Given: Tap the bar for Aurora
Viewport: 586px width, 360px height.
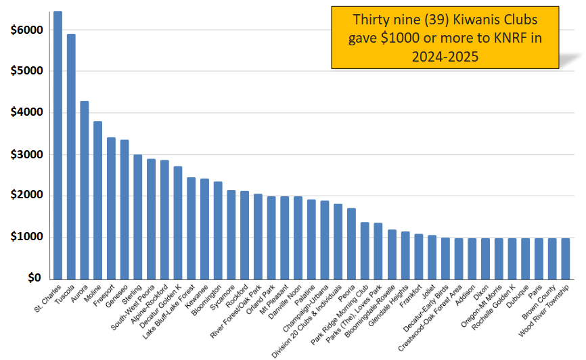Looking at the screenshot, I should [x=85, y=190].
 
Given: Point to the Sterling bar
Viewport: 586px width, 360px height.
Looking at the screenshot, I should [x=137, y=217].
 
